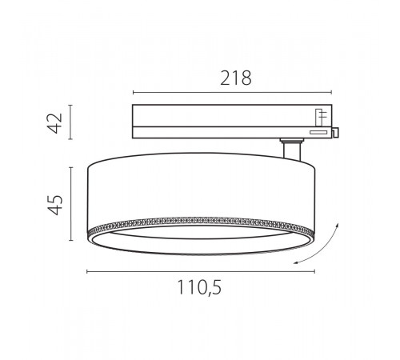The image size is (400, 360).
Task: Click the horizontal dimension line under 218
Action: click(231, 90)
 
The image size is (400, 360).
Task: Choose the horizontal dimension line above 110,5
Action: click(200, 273)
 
